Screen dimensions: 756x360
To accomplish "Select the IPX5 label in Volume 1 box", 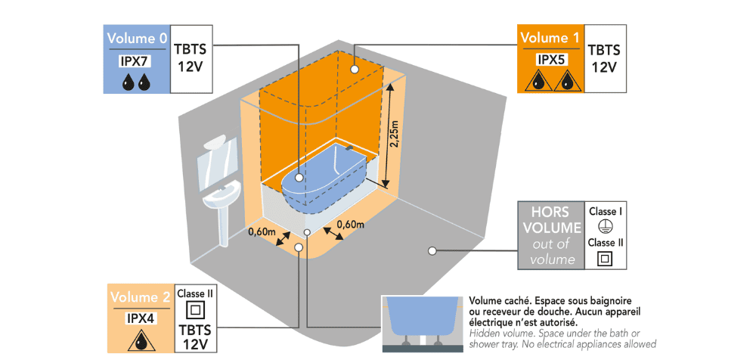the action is tap(550, 61).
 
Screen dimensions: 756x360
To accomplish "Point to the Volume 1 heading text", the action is tap(550, 37).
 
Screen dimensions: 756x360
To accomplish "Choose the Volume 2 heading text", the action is tap(141, 296).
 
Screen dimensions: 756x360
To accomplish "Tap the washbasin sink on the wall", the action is tap(222, 198).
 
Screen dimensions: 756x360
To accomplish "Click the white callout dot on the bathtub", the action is tap(299, 178).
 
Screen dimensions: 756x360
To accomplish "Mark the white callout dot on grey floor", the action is tap(432, 250).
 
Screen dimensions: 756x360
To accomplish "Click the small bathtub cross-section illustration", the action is tap(423, 322).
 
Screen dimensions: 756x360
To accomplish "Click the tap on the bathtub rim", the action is tap(349, 147).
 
